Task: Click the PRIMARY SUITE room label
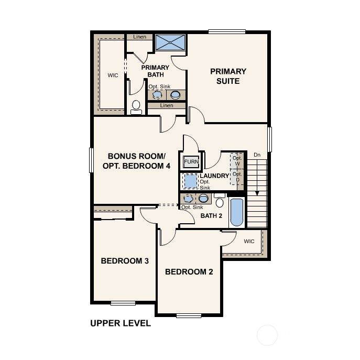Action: click(x=228, y=76)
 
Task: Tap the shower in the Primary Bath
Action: click(x=170, y=42)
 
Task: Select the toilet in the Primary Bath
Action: click(x=136, y=107)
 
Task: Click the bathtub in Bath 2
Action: click(x=236, y=212)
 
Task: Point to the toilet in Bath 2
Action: click(x=220, y=200)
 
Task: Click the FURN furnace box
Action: click(x=191, y=161)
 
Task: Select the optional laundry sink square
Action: click(x=191, y=181)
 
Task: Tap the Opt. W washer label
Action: click(x=237, y=161)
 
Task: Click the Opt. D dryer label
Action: click(x=237, y=177)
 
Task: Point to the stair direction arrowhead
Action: click(x=257, y=193)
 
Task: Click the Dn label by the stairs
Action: click(x=257, y=155)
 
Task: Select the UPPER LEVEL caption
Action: click(x=121, y=323)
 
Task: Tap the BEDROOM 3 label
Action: click(x=125, y=261)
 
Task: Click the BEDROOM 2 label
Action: click(x=189, y=272)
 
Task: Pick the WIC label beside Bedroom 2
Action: click(x=249, y=241)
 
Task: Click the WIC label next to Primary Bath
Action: click(x=113, y=75)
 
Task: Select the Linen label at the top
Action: click(x=139, y=37)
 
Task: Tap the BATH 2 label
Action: click(x=211, y=216)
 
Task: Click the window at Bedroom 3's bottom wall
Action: click(x=123, y=303)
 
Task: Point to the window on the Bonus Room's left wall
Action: click(x=91, y=160)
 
